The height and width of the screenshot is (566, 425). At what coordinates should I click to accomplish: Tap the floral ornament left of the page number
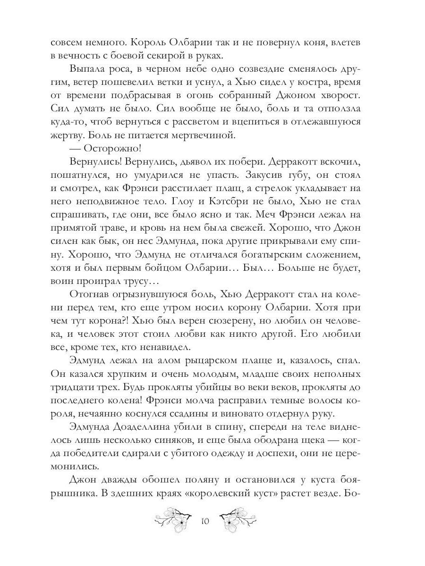pyautogui.click(x=174, y=520)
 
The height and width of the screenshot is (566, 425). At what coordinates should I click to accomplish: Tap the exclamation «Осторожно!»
pyautogui.click(x=106, y=148)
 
